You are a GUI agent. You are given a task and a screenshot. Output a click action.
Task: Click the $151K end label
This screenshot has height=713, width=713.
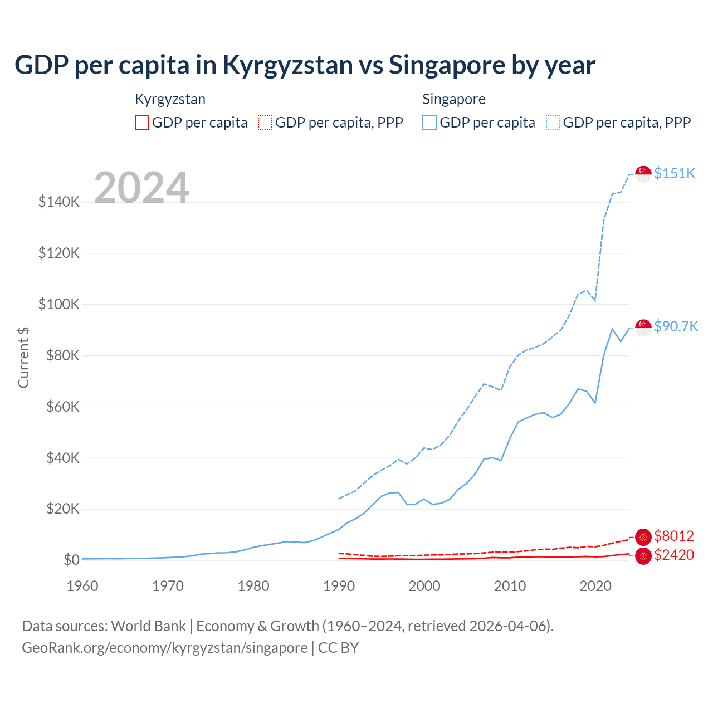(675, 173)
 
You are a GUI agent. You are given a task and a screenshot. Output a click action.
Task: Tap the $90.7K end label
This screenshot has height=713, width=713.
(676, 326)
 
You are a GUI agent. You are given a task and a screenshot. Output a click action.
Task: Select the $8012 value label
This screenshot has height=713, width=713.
(674, 536)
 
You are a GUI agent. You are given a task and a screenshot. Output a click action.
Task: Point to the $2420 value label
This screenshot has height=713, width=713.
(674, 555)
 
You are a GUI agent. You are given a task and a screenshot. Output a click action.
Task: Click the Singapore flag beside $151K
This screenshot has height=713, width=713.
(643, 174)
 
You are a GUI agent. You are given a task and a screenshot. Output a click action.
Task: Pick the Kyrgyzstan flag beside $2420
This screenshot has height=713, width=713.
(643, 556)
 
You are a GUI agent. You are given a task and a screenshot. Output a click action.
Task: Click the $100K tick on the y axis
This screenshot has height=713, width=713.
(59, 304)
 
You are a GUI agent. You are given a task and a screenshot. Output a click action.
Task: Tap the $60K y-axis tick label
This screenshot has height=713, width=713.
(59, 407)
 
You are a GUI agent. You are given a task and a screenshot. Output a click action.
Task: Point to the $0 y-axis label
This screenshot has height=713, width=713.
(71, 560)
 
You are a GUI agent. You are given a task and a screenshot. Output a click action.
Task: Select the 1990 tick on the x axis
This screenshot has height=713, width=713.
(339, 586)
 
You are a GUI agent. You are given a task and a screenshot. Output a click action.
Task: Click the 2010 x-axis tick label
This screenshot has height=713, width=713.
(510, 586)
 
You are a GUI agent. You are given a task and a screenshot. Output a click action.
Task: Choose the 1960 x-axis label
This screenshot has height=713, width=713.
(82, 586)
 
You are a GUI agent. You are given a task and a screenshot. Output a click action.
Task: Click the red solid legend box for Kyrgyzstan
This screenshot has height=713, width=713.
(142, 123)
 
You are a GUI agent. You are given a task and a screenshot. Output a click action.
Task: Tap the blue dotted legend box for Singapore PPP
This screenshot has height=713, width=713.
(553, 123)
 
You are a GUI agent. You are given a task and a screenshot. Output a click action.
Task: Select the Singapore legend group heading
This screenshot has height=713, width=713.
(454, 99)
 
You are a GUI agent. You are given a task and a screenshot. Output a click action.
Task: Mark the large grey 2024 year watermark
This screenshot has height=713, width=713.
(141, 188)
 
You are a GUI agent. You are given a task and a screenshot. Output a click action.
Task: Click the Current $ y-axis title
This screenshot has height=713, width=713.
(23, 357)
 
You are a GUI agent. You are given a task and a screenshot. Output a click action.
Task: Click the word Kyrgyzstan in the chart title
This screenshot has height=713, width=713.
(287, 65)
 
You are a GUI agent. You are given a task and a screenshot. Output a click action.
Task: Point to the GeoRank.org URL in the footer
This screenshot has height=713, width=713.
(165, 648)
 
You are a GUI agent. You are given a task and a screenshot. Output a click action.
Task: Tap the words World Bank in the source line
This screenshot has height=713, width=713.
(148, 626)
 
